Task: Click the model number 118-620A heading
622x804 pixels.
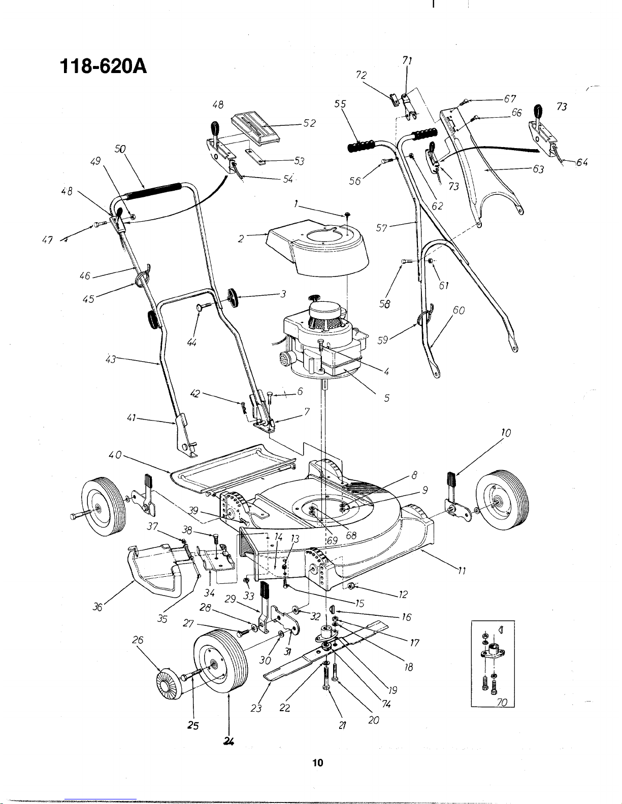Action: [x=103, y=66]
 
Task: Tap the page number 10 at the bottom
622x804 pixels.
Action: [x=318, y=762]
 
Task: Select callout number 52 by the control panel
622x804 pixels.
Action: [x=310, y=123]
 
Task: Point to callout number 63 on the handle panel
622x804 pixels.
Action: [x=538, y=169]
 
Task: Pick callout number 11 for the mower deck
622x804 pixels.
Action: [x=462, y=571]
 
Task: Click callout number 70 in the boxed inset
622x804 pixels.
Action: [x=502, y=702]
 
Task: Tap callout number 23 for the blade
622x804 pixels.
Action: [x=256, y=708]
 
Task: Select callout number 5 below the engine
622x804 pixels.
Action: [x=386, y=398]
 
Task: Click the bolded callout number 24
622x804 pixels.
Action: [x=228, y=741]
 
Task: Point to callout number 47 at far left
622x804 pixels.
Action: [x=48, y=240]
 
